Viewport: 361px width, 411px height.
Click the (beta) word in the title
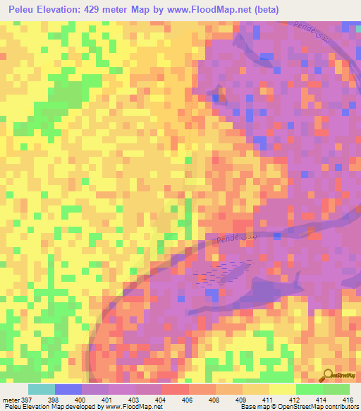(262, 10)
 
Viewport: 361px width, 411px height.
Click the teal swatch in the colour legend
(42, 389)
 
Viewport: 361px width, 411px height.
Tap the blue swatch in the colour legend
(68, 389)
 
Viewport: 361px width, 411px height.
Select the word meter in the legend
(11, 400)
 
